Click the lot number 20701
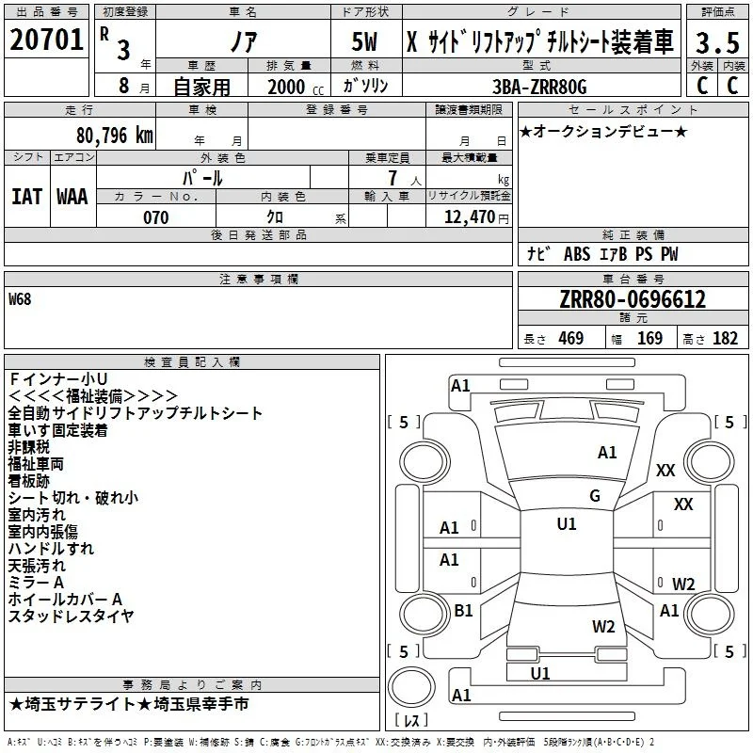tap(46, 40)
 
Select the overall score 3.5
tap(717, 43)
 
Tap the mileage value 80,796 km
tap(114, 136)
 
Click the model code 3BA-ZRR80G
tap(539, 87)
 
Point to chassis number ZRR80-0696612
tap(633, 299)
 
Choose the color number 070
tap(156, 217)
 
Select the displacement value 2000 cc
tap(296, 87)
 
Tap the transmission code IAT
tap(27, 197)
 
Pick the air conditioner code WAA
tap(72, 197)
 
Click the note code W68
tap(20, 299)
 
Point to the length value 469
tap(571, 338)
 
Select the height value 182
tap(725, 338)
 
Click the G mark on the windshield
tap(595, 496)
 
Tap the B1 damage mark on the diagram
tap(463, 610)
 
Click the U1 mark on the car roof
tap(567, 524)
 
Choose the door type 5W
tap(364, 41)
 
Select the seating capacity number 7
tap(393, 178)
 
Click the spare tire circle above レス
tap(411, 686)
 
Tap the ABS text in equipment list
tap(577, 254)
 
